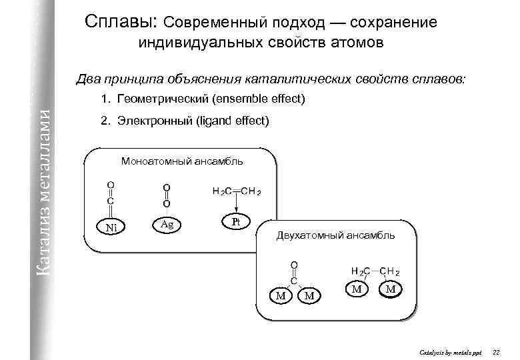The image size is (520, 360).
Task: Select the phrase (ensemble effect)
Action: tap(258, 100)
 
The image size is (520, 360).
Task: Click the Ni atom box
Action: tap(111, 227)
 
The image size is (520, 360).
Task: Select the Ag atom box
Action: tap(167, 225)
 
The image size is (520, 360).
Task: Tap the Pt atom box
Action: tap(235, 221)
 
